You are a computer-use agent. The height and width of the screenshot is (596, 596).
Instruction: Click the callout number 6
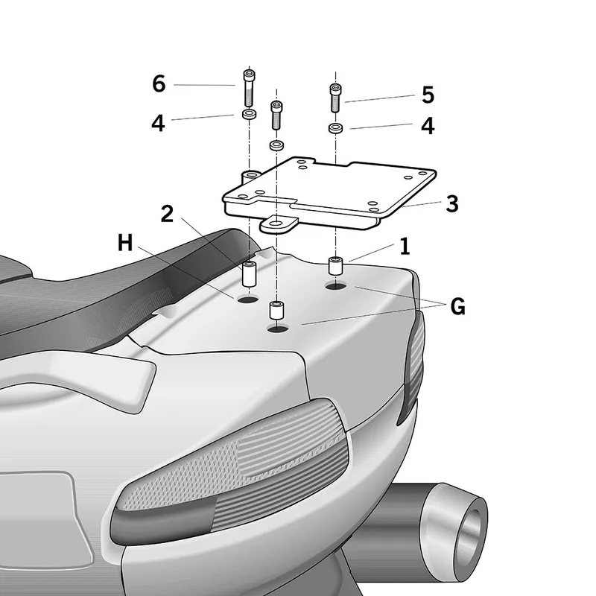coord(159,83)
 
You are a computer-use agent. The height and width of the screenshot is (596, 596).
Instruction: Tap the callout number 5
coord(428,95)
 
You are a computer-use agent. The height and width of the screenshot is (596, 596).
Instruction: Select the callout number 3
coord(452,203)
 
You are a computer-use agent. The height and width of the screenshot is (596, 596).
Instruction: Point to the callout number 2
coord(167,214)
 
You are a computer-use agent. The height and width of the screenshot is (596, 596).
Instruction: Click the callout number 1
coord(405,247)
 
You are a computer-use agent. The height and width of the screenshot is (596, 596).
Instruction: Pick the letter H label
coord(125,243)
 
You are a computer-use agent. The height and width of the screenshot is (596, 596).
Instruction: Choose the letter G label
coord(457,306)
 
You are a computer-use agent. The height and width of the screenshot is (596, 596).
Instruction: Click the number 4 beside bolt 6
coord(158,123)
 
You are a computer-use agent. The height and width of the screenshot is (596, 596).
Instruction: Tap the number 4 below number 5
coord(428,126)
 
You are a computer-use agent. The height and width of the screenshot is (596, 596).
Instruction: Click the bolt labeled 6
coord(249,88)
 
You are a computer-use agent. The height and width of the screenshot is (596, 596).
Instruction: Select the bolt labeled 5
coord(335,98)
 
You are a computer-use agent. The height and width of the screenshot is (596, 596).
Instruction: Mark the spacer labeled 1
coord(336,266)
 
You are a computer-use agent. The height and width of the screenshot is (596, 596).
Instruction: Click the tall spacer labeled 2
coord(249,273)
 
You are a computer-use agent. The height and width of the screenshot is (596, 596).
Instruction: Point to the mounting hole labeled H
coord(247,300)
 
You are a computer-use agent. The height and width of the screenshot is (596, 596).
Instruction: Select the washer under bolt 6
coord(249,114)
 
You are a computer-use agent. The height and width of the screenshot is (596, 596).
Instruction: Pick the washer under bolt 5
coord(335,128)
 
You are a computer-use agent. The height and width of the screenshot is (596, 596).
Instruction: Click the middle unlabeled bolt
coord(276,115)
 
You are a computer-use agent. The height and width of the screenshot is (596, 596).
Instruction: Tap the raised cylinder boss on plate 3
coord(251,177)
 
